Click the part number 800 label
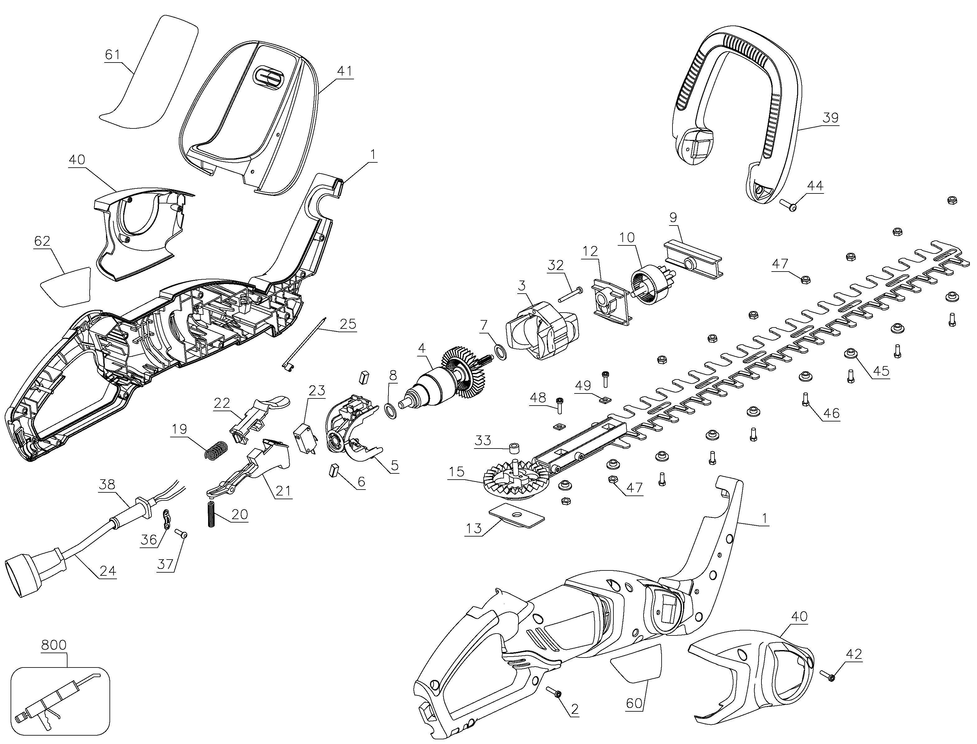click(x=54, y=645)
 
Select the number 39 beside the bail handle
click(x=830, y=118)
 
